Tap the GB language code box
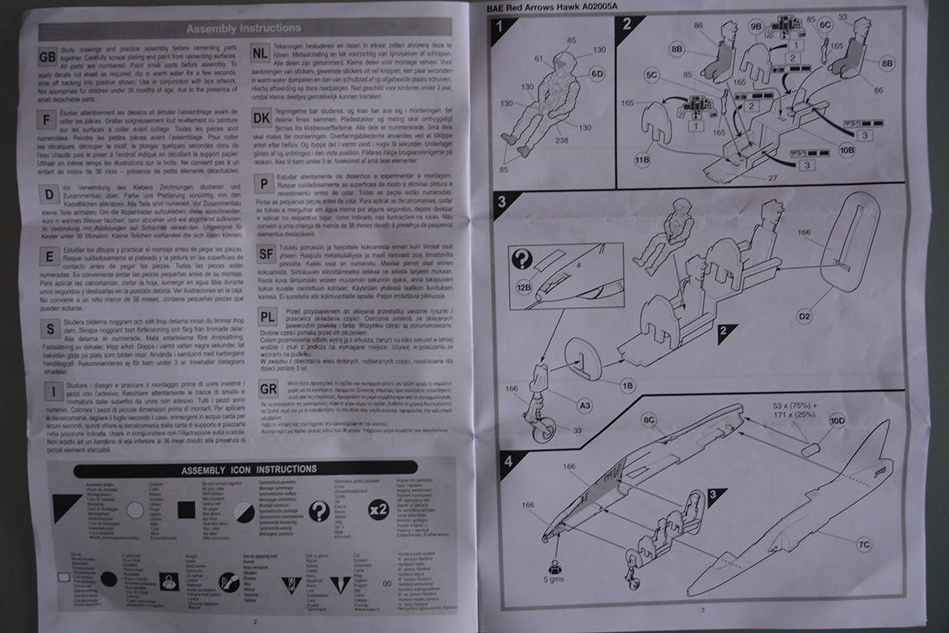49,57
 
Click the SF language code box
265,253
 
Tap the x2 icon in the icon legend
377,510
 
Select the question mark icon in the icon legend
319,512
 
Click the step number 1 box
501,26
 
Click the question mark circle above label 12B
523,259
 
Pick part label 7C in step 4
863,545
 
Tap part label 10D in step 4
837,421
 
